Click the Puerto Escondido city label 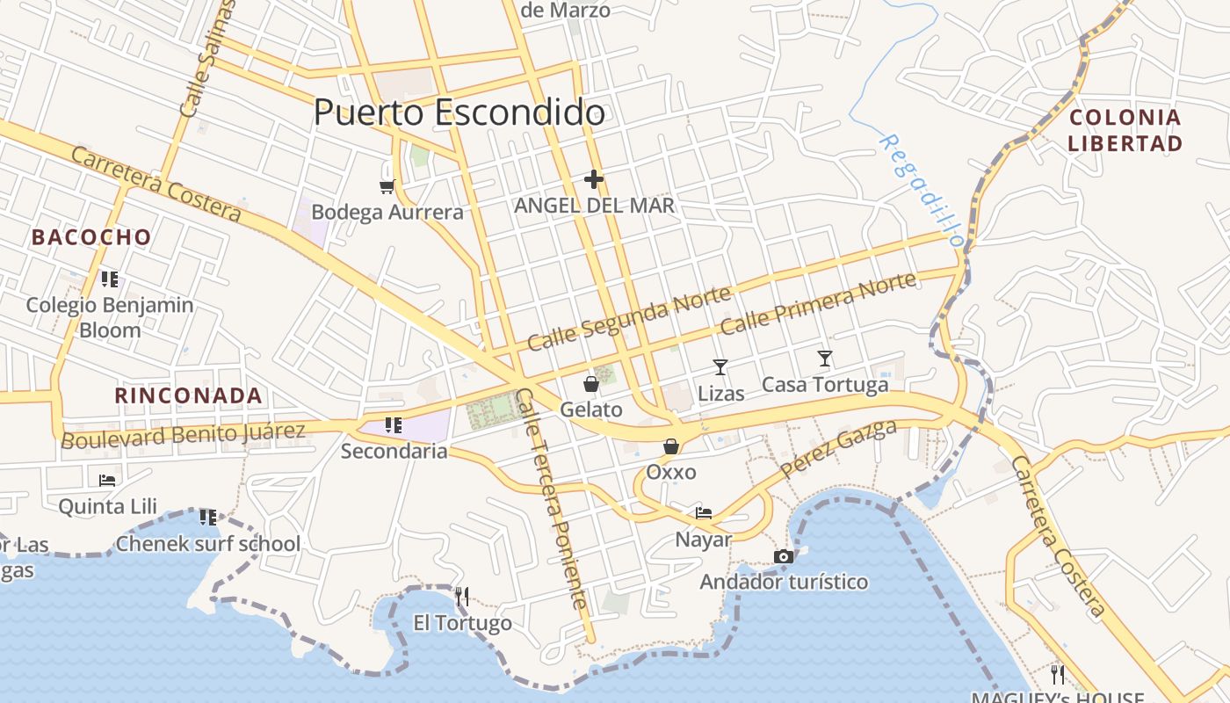pyautogui.click(x=459, y=112)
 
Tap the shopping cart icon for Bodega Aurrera pyautogui.click(x=387, y=186)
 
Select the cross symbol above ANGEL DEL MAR pyautogui.click(x=594, y=180)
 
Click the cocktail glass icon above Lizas pyautogui.click(x=720, y=366)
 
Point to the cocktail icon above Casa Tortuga pyautogui.click(x=824, y=358)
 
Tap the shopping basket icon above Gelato pyautogui.click(x=591, y=384)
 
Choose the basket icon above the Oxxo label pyautogui.click(x=671, y=446)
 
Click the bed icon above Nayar pyautogui.click(x=704, y=512)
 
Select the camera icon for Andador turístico pyautogui.click(x=784, y=556)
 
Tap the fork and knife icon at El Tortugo pyautogui.click(x=462, y=598)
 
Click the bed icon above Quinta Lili pyautogui.click(x=107, y=480)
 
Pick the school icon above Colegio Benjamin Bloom pyautogui.click(x=110, y=279)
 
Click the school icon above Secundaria pyautogui.click(x=394, y=425)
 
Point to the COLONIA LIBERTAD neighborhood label pyautogui.click(x=1125, y=130)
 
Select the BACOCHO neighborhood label pyautogui.click(x=91, y=237)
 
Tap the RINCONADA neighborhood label pyautogui.click(x=189, y=395)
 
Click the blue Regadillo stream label pyautogui.click(x=922, y=190)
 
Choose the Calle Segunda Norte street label pyautogui.click(x=628, y=318)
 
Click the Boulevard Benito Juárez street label pyautogui.click(x=183, y=434)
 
